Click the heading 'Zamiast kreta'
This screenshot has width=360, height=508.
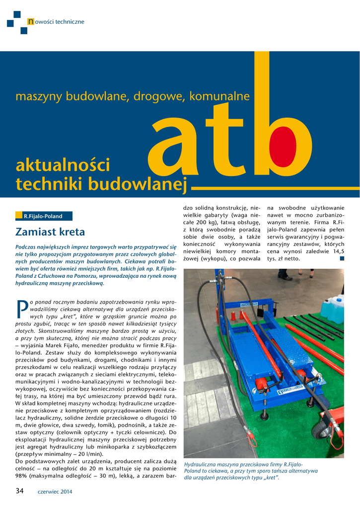click(50, 232)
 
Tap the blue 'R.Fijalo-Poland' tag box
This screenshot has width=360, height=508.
click(44, 216)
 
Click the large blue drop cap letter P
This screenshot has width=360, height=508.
click(22, 309)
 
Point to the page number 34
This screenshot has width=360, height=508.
click(20, 491)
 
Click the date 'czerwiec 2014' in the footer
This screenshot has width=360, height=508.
click(55, 492)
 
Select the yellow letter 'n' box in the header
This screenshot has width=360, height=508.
click(31, 21)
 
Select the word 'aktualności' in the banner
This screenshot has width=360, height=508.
click(63, 165)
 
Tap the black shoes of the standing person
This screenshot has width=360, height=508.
click(285, 277)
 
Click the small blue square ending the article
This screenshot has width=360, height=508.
click(341, 258)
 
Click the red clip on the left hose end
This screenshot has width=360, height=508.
click(252, 438)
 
